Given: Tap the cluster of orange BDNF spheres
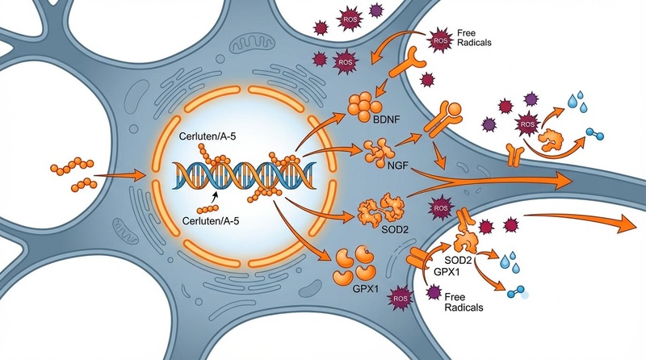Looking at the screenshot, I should (365, 104).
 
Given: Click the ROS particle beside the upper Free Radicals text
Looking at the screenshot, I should (440, 37).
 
